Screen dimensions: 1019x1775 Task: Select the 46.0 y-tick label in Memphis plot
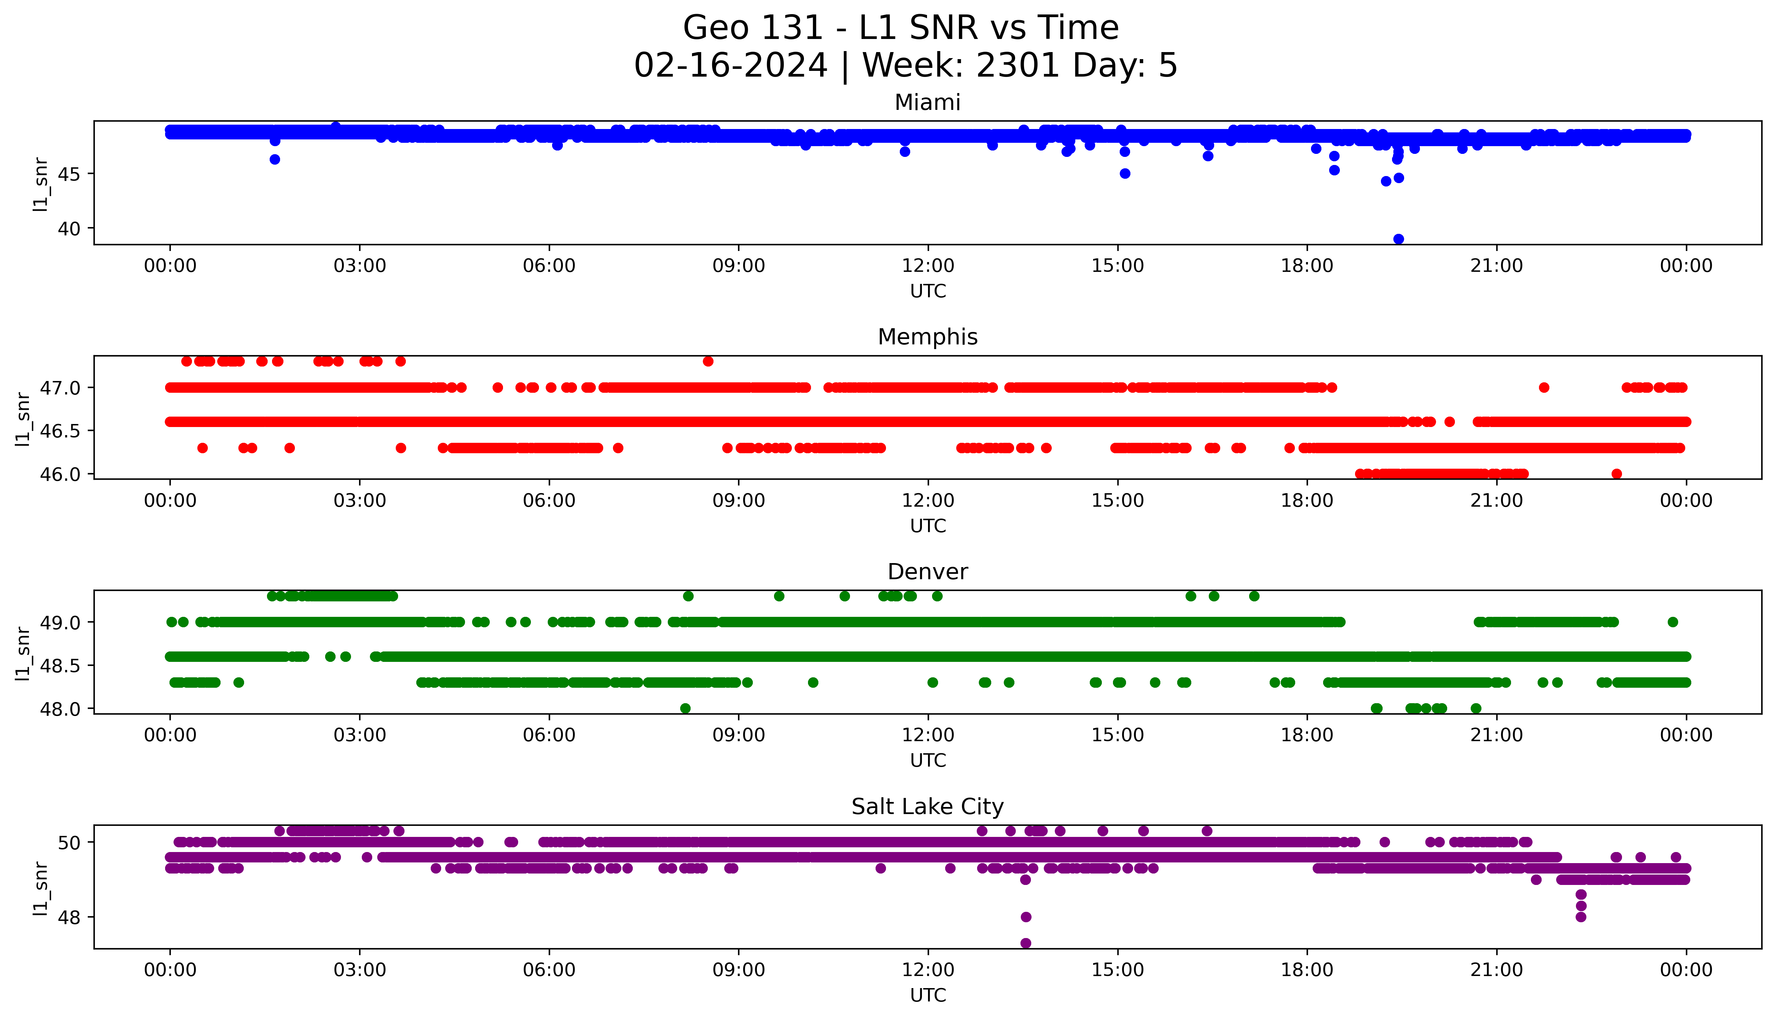(60, 474)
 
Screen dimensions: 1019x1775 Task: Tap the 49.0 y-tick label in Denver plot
(60, 622)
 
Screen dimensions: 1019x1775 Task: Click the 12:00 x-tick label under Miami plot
(928, 266)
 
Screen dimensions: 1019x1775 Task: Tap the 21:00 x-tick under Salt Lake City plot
(1496, 970)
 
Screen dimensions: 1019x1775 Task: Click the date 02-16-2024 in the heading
(730, 66)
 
